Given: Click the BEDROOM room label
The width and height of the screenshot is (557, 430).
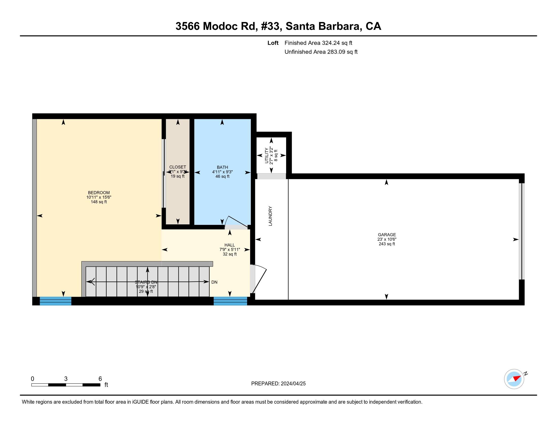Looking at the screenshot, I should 99,192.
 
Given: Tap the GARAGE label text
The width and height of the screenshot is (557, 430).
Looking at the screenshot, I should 387,235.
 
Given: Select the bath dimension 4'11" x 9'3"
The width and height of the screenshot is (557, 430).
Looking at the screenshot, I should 222,172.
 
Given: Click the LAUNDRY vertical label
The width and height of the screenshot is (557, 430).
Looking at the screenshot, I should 270,216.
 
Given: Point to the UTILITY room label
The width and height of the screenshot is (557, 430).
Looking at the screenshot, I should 267,155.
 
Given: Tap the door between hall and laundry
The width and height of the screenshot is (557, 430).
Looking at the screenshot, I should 259,279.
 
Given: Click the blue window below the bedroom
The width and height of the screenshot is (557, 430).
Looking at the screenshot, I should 55,301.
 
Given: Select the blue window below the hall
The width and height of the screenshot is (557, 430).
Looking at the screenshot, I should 230,301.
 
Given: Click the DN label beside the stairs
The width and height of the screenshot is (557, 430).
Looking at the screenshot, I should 214,282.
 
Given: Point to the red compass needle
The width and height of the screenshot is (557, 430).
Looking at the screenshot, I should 517,378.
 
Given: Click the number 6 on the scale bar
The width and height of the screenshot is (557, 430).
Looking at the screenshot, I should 100,379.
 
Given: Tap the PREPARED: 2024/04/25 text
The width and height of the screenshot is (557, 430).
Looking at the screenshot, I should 278,384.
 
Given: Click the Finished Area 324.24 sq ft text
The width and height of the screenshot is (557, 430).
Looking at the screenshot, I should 318,43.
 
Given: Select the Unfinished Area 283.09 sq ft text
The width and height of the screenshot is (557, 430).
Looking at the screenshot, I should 321,52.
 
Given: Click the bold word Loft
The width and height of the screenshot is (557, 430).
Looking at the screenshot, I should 273,43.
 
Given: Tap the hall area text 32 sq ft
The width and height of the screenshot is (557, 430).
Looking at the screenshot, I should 230,254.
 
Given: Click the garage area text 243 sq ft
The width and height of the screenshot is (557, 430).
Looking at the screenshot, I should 387,244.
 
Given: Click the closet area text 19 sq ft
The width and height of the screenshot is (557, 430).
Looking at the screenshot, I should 177,176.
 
